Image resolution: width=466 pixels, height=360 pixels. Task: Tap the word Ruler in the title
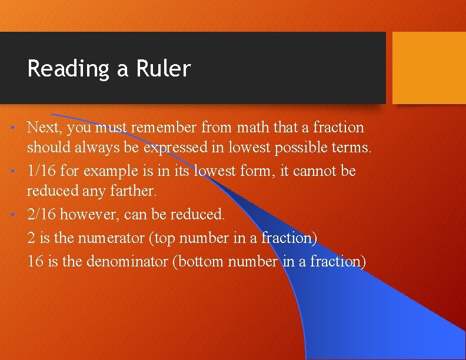tap(164, 69)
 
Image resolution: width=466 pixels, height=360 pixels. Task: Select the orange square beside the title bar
tap(429, 68)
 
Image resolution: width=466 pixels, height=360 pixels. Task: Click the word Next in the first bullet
tap(41, 127)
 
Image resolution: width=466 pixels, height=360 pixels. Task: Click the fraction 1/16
tap(42, 171)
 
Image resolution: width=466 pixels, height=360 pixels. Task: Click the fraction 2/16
tap(42, 215)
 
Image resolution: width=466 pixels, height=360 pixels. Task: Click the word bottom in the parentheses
tap(199, 261)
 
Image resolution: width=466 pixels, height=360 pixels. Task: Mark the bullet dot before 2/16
tap(19, 215)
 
